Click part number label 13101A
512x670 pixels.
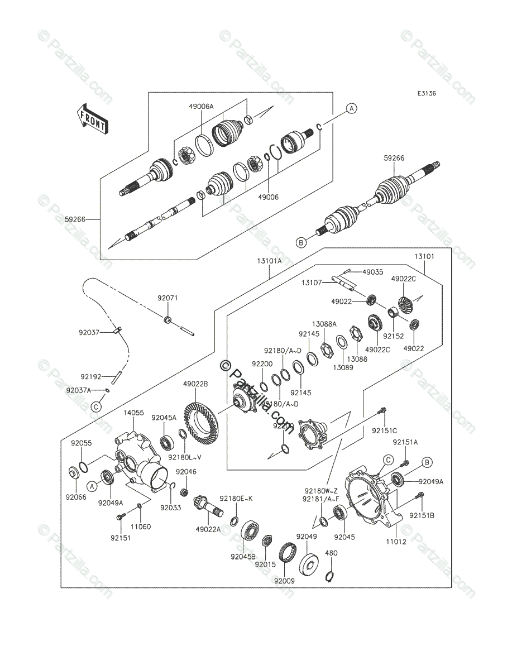270,259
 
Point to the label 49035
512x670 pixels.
372,272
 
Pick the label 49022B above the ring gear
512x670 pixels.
195,384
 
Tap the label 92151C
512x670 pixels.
385,430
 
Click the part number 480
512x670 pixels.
331,553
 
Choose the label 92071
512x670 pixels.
167,299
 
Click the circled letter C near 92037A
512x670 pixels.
96,406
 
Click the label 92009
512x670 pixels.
284,581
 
